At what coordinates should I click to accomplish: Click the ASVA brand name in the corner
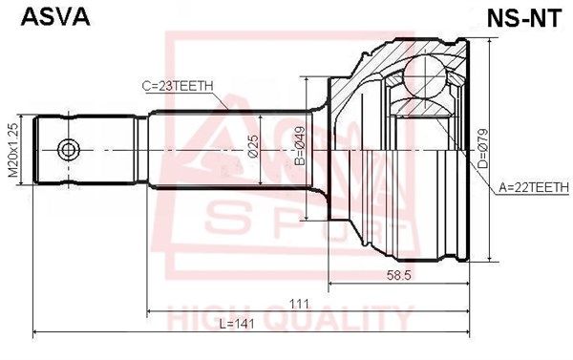click(55, 17)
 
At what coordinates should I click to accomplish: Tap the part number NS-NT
click(523, 17)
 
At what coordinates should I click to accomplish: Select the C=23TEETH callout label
click(178, 86)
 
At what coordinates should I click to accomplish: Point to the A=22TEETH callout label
click(534, 187)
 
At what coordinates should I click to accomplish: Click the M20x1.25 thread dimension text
click(13, 150)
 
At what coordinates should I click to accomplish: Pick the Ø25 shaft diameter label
click(253, 146)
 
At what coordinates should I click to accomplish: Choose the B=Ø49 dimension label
click(300, 146)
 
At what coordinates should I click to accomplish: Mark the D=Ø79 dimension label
click(483, 148)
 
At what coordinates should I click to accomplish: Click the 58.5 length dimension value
click(398, 275)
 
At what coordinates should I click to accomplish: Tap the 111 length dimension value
click(299, 304)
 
